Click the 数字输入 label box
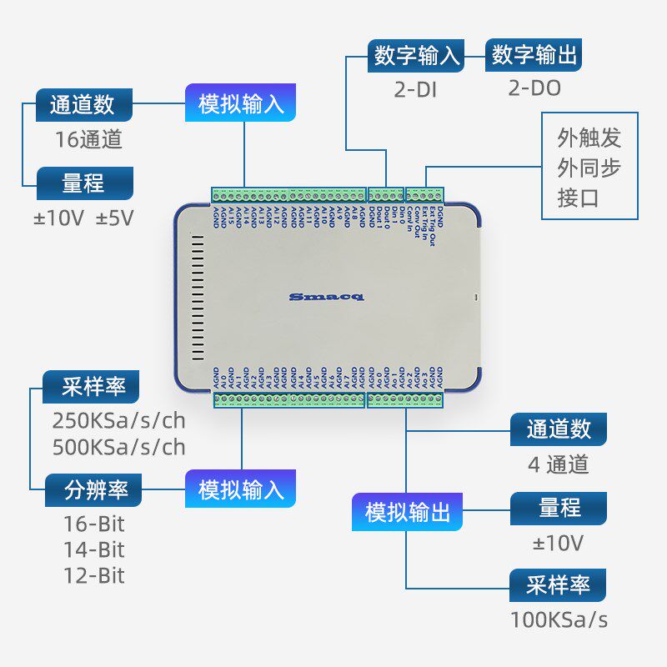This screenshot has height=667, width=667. (x=417, y=56)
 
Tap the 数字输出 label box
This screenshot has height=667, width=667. (x=534, y=56)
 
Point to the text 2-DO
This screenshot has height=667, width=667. (x=534, y=88)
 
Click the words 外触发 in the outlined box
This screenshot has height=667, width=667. (x=589, y=138)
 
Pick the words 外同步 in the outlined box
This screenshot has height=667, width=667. (x=589, y=168)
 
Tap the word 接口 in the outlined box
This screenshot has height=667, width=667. (x=579, y=198)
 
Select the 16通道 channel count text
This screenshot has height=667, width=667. (x=89, y=139)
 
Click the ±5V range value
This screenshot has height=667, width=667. (x=114, y=218)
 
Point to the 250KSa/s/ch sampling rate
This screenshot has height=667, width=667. (x=119, y=420)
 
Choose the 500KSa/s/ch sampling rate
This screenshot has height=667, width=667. (x=119, y=447)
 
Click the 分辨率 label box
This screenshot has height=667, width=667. (x=93, y=489)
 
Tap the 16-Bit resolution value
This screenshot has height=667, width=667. (x=93, y=524)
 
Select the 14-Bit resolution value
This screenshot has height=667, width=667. (x=93, y=549)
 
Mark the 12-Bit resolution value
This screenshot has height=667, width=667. (x=93, y=575)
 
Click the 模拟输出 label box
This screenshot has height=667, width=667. (x=408, y=512)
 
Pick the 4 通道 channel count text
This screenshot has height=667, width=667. (x=558, y=464)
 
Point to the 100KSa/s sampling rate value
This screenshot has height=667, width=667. (x=559, y=619)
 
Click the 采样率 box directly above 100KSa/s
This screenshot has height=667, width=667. (x=558, y=585)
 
